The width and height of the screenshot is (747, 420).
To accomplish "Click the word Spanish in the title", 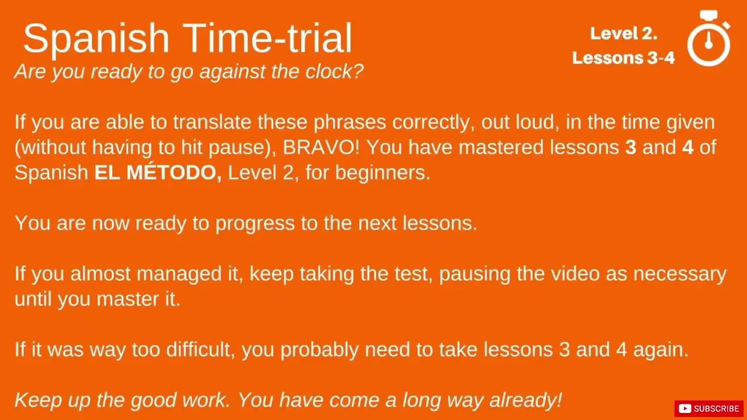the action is click(96, 39).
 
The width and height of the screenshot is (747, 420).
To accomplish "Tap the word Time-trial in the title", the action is click(267, 38).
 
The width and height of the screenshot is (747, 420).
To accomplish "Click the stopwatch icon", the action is click(709, 38).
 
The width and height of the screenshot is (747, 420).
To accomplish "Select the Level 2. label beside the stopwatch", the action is click(624, 33).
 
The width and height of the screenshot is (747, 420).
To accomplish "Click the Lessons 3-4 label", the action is click(624, 58).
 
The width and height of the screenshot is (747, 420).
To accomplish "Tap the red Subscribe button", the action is click(708, 408).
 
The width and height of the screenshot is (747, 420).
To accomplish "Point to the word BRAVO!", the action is click(321, 148).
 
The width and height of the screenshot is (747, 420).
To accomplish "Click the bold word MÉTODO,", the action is click(174, 173).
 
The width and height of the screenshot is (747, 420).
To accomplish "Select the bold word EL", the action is click(107, 173).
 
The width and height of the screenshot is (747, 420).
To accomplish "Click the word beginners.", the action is click(383, 173).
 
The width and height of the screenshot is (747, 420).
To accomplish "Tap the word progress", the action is click(255, 223).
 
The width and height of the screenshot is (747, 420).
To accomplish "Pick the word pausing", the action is click(474, 274).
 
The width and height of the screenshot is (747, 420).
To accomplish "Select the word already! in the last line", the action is click(526, 400).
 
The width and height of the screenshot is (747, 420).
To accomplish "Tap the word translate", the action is click(212, 122).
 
